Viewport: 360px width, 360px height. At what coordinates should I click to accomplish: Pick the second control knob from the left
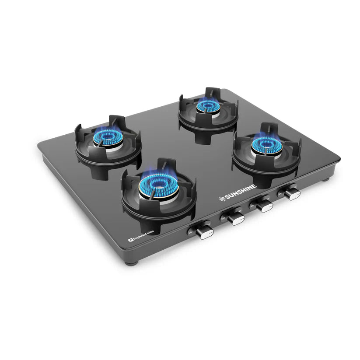coord(236,217)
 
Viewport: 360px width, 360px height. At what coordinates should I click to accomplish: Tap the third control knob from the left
coord(264,206)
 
